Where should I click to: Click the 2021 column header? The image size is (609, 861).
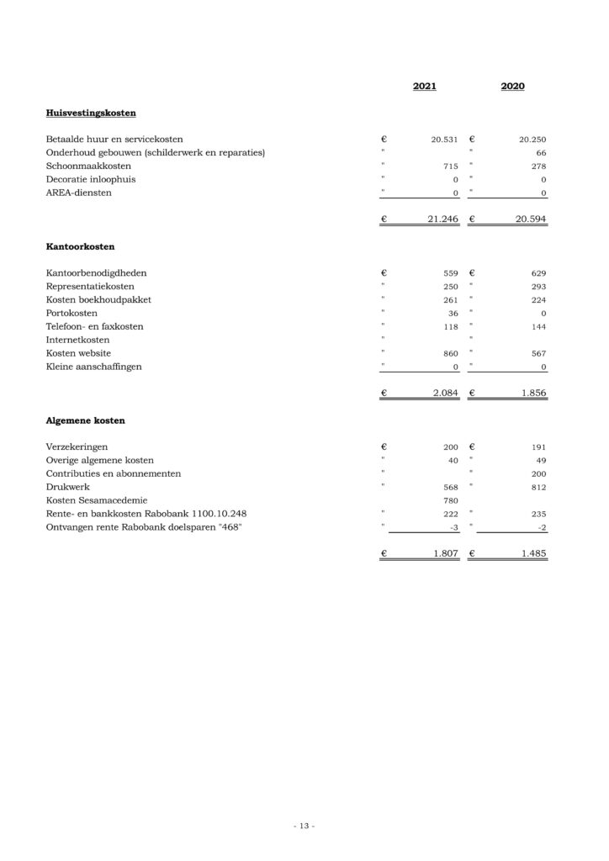[x=425, y=87]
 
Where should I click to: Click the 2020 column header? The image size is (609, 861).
[x=512, y=87]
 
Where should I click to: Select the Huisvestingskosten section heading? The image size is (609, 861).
[x=91, y=112]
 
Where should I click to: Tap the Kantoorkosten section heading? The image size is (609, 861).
[x=80, y=247]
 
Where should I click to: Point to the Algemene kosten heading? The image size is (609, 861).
[x=86, y=420]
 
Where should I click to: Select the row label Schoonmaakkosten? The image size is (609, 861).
[x=88, y=166]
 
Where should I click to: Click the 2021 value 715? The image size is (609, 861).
[x=450, y=166]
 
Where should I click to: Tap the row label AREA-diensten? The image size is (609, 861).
[x=79, y=193]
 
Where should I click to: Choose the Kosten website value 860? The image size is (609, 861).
[x=450, y=354]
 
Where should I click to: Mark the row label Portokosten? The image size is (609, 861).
[x=72, y=314]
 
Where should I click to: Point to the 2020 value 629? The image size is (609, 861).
[x=538, y=274]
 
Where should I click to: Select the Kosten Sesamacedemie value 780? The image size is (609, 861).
[x=450, y=501]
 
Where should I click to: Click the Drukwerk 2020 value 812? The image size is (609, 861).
[x=538, y=488]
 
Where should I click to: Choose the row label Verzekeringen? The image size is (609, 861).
[x=77, y=446]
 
